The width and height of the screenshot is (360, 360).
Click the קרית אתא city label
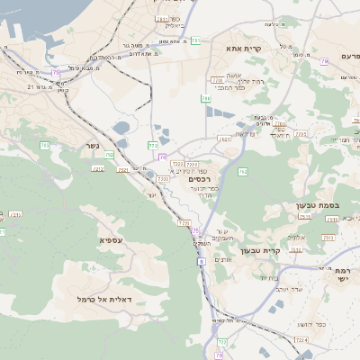pos(269,49)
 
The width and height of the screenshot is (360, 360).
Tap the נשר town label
pos(94,145)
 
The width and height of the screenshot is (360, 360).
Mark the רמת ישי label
pos(346,274)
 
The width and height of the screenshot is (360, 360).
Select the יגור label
pos(151,193)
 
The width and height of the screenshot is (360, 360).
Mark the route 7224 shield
pos(301,339)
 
